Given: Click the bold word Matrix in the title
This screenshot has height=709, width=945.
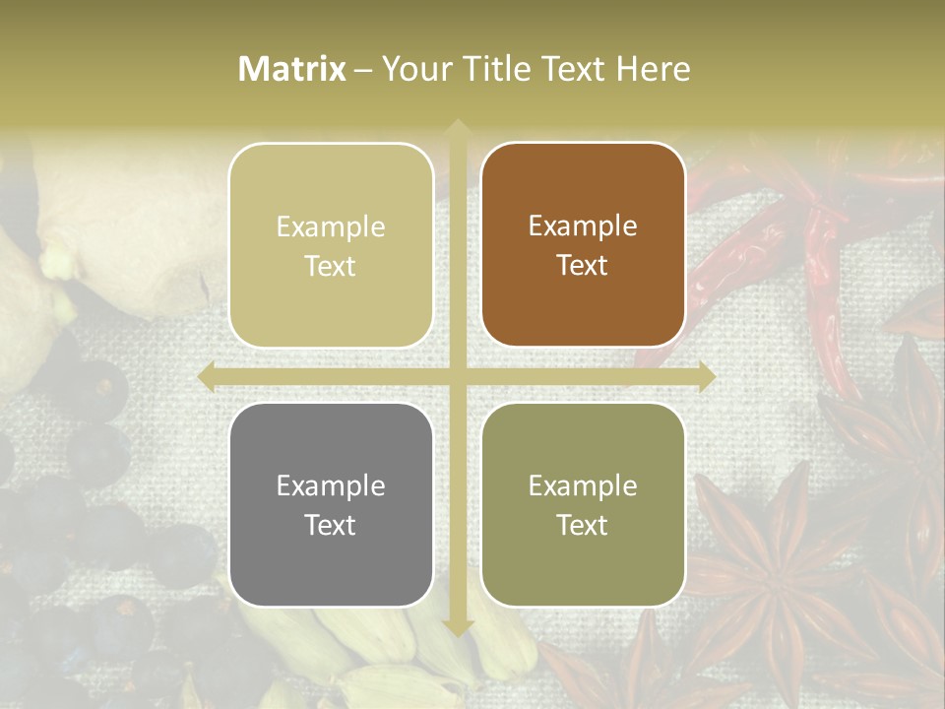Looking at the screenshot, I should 292,69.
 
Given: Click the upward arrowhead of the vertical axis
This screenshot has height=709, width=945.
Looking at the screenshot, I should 457,129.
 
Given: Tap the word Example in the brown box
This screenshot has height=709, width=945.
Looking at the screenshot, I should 583,226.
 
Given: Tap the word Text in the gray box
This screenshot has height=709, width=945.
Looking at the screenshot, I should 331,525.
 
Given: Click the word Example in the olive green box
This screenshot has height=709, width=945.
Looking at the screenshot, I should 583,485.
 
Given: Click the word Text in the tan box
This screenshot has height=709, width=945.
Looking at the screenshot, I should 331,266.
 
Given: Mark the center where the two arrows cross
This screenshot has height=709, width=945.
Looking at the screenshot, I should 457,376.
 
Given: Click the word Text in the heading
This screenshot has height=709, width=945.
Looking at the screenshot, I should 571,69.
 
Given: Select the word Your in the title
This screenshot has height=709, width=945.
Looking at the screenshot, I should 413,69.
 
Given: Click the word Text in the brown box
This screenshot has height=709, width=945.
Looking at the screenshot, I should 583,266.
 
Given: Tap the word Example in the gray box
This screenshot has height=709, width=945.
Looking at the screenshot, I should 331,485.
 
